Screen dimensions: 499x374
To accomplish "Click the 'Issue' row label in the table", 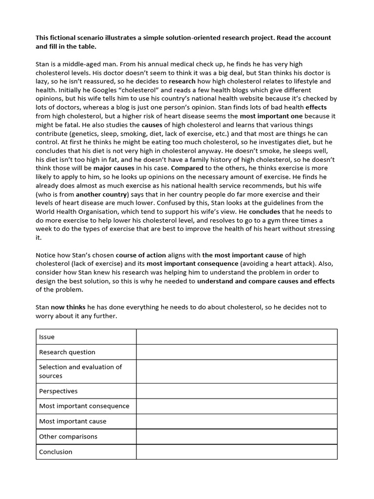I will (47, 337).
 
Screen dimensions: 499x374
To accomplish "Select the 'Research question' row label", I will (67, 352).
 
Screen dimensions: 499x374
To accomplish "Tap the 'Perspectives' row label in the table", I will (58, 391).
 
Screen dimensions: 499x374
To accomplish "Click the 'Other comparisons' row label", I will (68, 436).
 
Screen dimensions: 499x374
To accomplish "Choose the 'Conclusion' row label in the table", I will (56, 451).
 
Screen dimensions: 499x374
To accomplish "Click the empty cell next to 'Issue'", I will (237, 337).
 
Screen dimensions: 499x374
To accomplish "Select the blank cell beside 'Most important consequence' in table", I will (237, 406).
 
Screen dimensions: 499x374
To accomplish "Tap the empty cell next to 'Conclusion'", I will (237, 451).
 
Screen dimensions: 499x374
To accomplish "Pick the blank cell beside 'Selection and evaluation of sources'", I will (237, 371).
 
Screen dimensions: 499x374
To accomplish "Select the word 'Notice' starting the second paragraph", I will (47, 255).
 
